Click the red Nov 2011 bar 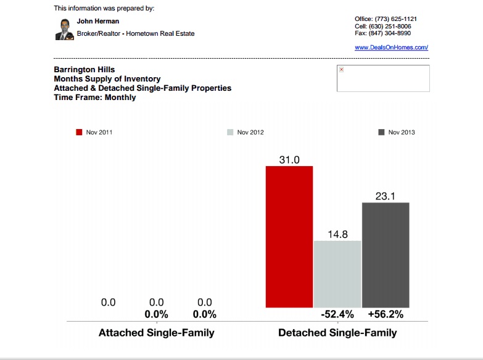(289, 237)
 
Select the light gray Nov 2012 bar (337, 274)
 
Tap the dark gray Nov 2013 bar (386, 254)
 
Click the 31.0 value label (289, 160)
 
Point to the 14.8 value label (337, 234)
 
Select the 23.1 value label (386, 196)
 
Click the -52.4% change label (337, 314)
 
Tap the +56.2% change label (386, 314)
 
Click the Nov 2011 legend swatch (80, 132)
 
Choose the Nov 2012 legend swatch (231, 132)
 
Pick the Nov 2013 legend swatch (382, 132)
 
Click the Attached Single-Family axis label (157, 333)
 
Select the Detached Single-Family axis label (337, 333)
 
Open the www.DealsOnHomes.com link (391, 48)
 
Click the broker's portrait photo (64, 29)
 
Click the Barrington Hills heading (85, 70)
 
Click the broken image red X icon (341, 70)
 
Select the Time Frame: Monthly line (95, 98)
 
